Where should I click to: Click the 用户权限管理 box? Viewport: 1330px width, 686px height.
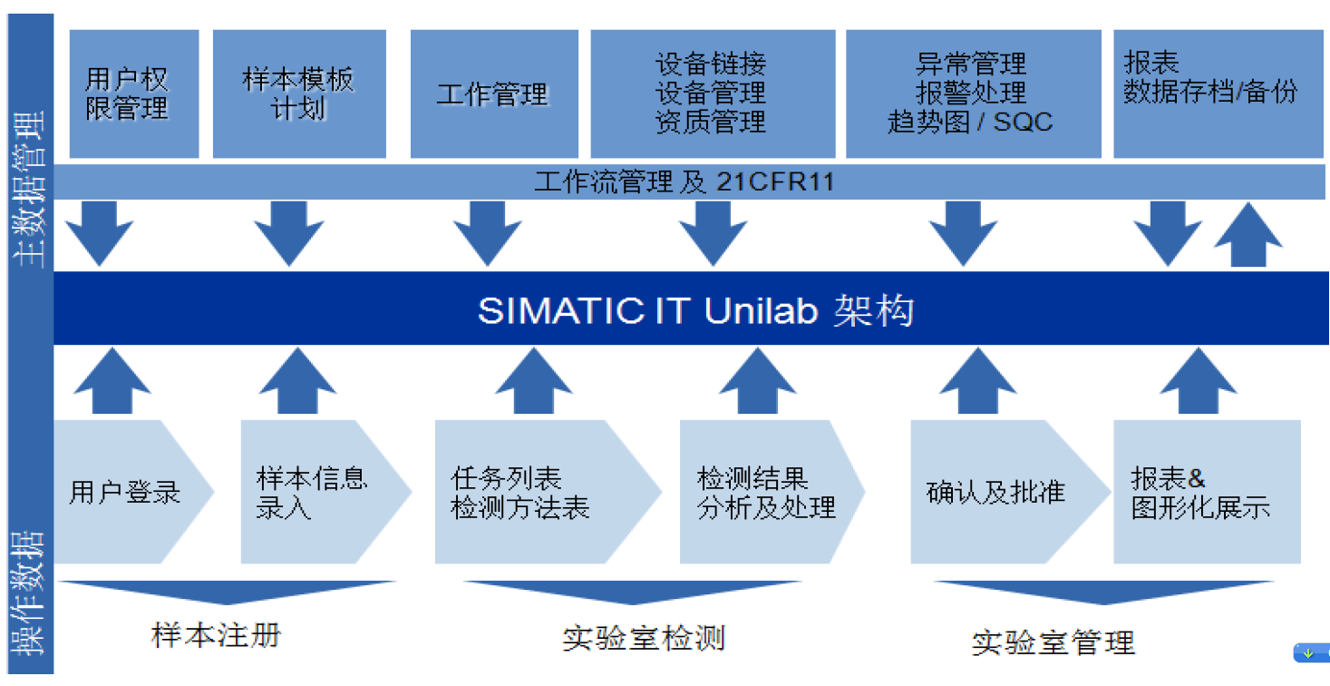(133, 93)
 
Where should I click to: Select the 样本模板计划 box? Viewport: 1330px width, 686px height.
(299, 93)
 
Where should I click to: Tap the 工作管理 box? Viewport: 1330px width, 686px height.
(494, 94)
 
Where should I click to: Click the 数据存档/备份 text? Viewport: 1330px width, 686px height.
(1210, 92)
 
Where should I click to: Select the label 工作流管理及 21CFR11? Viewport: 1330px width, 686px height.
(684, 182)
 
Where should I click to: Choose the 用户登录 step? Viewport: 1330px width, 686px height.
(127, 493)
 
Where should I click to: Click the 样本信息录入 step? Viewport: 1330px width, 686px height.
(313, 493)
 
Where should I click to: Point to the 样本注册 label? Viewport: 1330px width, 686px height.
(216, 634)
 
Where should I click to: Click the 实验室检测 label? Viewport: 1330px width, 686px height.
(644, 637)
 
